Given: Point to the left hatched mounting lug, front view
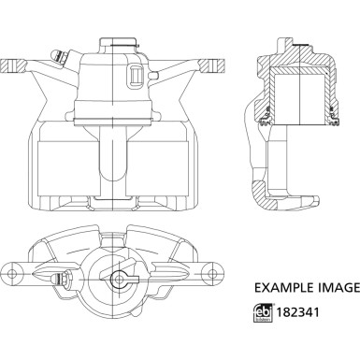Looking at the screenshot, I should tap(14, 66).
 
